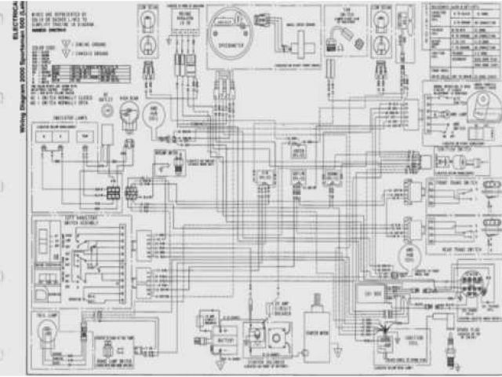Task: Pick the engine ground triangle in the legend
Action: tap(73, 45)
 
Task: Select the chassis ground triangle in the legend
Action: tap(73, 53)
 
